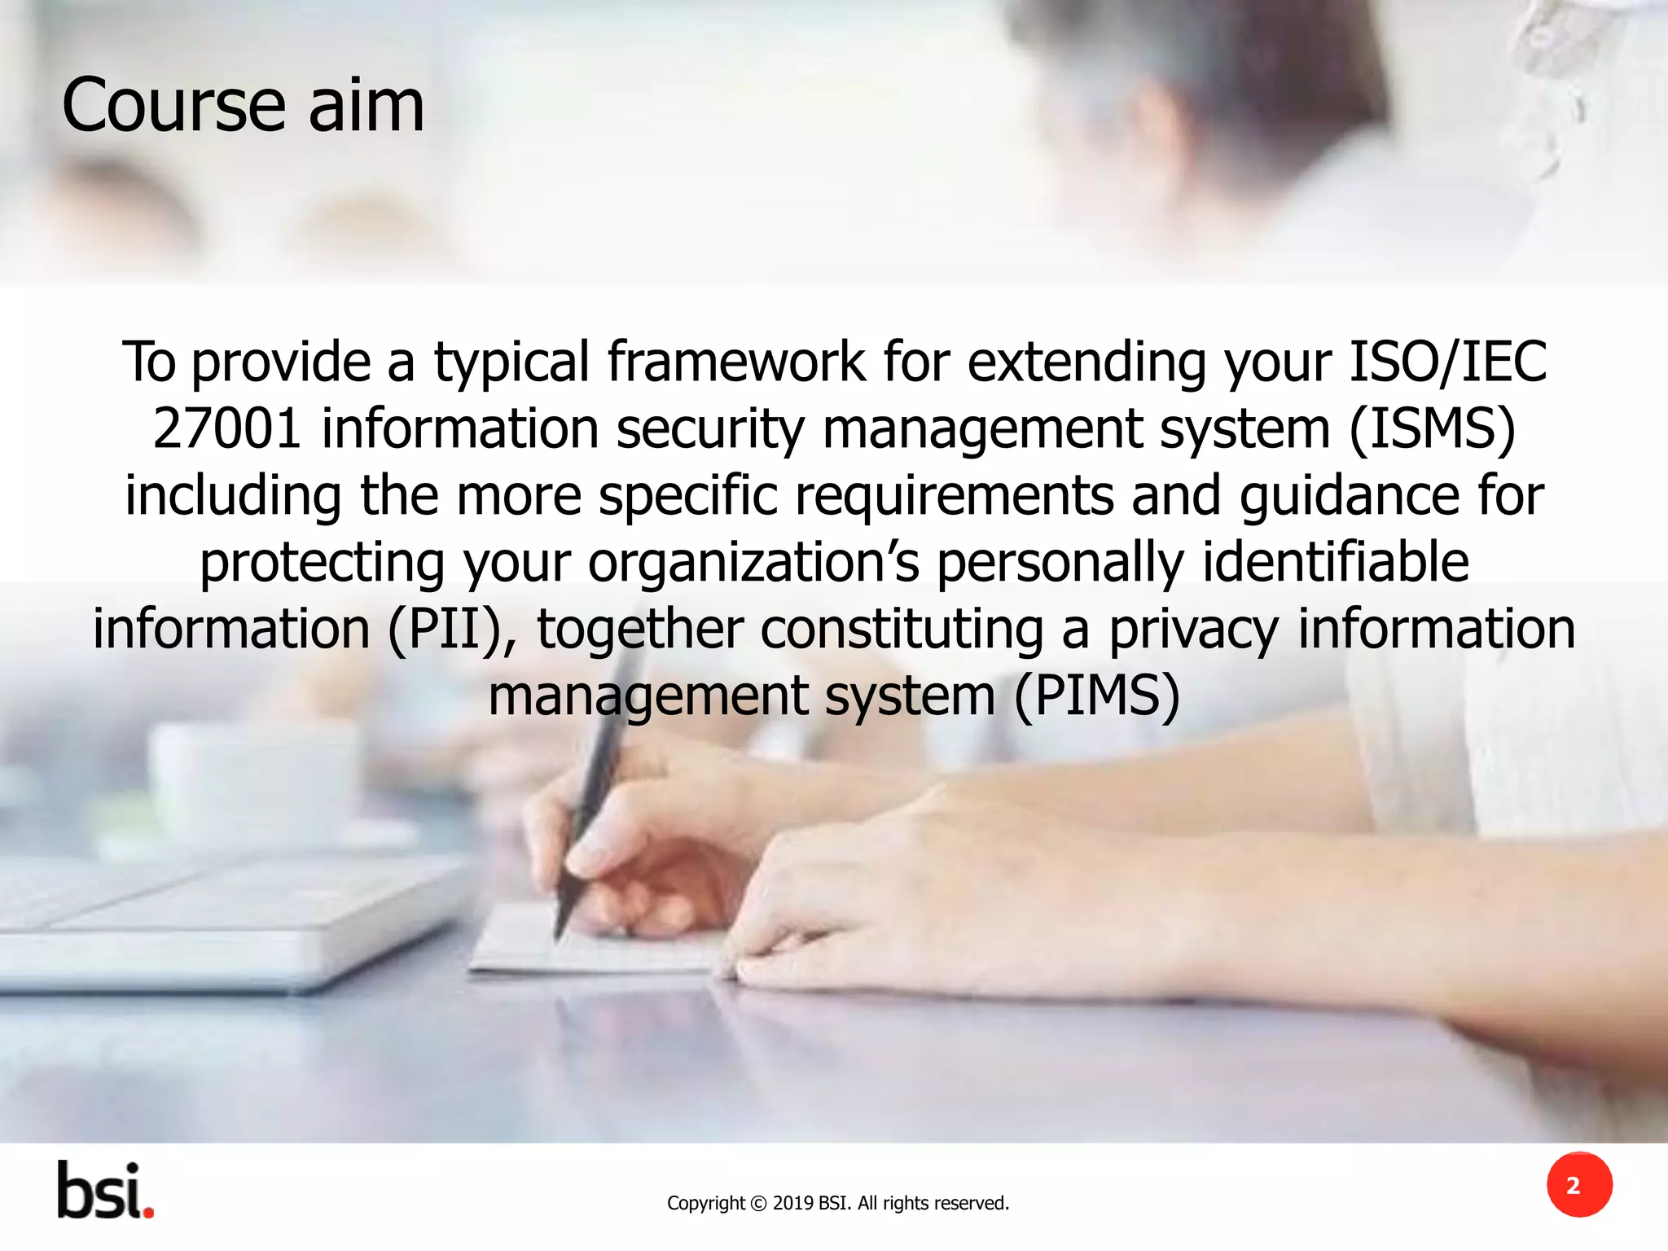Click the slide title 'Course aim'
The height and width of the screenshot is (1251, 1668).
point(243,106)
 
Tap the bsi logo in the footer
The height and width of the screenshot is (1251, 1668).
point(105,1191)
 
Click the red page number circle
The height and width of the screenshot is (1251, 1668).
point(1579,1185)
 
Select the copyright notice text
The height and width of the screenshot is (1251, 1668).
point(837,1203)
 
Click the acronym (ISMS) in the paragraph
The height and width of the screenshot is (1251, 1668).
point(1432,429)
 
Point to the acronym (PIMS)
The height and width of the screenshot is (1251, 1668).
point(1096,696)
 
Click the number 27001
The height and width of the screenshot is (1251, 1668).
point(227,429)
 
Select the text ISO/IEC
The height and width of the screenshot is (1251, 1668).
point(1447,362)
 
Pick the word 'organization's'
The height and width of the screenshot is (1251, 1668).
point(753,563)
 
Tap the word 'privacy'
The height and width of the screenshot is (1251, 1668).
point(1193,630)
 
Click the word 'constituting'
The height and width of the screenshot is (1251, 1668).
point(902,630)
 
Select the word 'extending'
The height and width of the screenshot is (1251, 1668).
point(1086,362)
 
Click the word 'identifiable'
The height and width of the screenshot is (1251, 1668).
point(1336,563)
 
